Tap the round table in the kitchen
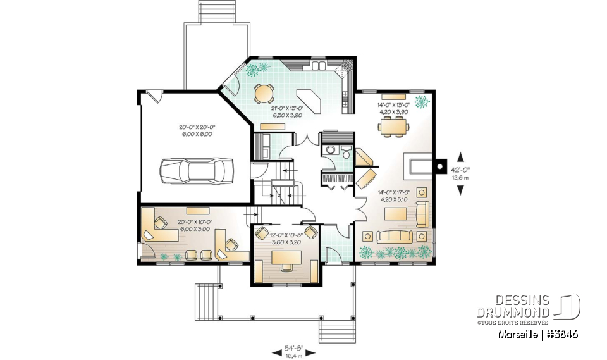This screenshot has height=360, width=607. (x=264, y=94)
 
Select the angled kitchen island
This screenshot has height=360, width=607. (x=307, y=99)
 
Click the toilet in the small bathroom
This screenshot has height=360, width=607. (x=345, y=153)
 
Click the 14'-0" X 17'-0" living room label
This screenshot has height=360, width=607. (x=393, y=196)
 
